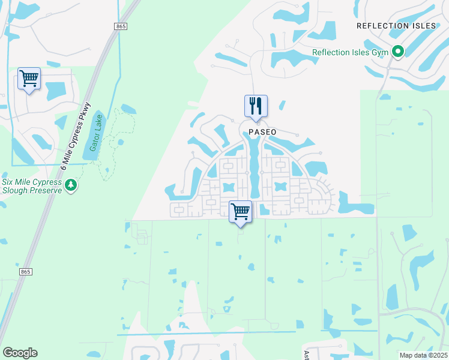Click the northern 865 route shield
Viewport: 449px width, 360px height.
tap(121, 26)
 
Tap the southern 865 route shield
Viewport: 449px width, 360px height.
tap(25, 272)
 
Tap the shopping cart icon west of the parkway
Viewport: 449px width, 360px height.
tap(29, 79)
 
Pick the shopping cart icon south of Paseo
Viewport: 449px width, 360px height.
tap(240, 211)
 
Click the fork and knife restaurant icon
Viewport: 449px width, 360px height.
tap(256, 107)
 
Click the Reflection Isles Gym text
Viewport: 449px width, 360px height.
tap(350, 52)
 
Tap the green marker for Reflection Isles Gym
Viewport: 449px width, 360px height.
tap(397, 52)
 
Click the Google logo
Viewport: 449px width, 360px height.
tap(20, 353)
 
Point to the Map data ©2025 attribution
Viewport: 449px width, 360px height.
tap(423, 355)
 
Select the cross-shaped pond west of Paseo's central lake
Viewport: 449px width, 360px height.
tap(228, 187)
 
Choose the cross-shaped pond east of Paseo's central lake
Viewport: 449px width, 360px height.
tap(280, 187)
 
